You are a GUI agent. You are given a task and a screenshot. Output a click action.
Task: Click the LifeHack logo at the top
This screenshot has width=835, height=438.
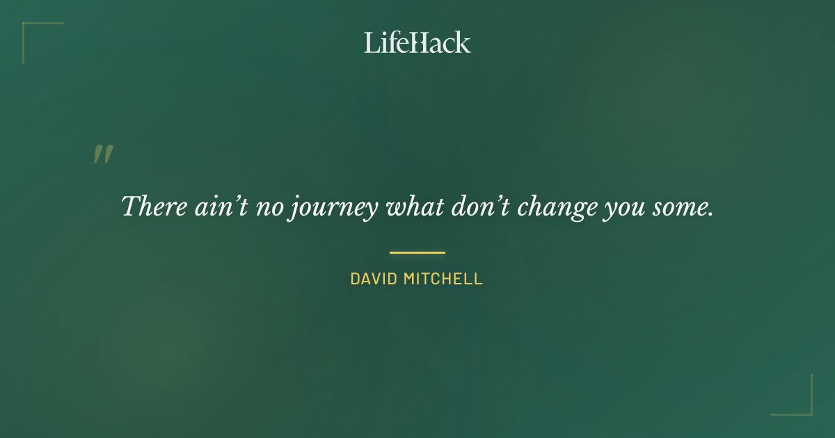click(x=417, y=42)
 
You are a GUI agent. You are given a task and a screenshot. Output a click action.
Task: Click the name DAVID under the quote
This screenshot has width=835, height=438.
click(x=374, y=279)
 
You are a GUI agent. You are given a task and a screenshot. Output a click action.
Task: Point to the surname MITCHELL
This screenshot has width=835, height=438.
click(x=443, y=279)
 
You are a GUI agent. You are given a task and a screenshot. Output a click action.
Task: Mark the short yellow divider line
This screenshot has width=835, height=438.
click(x=417, y=252)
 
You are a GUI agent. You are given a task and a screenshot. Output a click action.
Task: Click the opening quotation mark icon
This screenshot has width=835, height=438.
click(x=103, y=154)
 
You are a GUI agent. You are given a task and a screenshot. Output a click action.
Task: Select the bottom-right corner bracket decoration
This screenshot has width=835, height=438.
click(x=800, y=404)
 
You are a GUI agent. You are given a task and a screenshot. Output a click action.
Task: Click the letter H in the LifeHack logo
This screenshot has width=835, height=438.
click(x=415, y=42)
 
